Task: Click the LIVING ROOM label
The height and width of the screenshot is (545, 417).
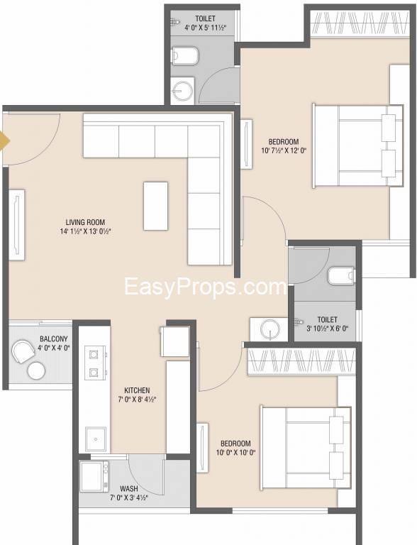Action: click(85, 222)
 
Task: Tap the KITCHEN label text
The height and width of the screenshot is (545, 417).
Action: click(137, 390)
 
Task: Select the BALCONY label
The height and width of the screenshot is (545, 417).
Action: click(53, 338)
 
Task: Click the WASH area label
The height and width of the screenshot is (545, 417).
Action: click(129, 489)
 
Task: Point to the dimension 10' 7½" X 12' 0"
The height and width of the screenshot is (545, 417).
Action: click(284, 151)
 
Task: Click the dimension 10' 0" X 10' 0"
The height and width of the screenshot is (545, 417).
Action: click(235, 453)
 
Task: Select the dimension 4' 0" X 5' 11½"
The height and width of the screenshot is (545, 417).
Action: click(205, 28)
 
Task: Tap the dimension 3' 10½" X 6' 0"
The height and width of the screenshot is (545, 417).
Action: click(328, 328)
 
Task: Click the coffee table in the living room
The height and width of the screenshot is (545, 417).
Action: click(156, 206)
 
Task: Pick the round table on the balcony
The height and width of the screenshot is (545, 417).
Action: click(36, 370)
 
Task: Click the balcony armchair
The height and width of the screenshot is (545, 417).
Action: click(23, 351)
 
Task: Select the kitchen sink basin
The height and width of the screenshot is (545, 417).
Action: click(95, 439)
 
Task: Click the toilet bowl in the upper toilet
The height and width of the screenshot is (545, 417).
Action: click(185, 55)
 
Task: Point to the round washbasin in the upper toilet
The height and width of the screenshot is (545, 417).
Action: click(182, 90)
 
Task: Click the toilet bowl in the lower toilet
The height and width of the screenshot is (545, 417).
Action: click(341, 275)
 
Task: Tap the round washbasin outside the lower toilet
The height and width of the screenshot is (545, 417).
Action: click(270, 329)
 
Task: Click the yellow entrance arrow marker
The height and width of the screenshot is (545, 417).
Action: click(4, 141)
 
